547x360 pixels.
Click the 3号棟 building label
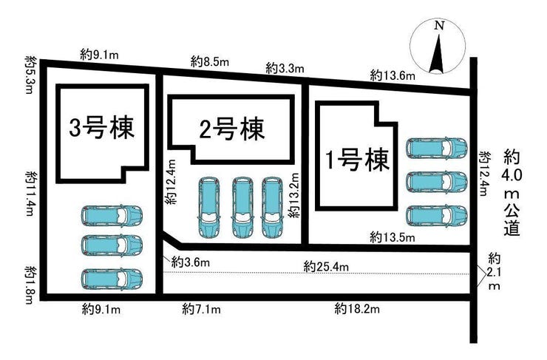pos(102,128)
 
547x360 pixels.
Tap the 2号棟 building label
pos(232,129)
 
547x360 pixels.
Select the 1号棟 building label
pos(356,160)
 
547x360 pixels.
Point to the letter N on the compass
pos(439,25)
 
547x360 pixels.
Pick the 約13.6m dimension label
pos(393,75)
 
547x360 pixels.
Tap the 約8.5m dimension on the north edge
pos(210,62)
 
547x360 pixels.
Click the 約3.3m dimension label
pos(285,68)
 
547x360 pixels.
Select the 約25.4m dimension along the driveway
pos(326,267)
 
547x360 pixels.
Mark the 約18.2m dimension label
pos(357,309)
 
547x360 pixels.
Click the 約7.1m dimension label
pos(201,309)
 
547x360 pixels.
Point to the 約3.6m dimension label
pos(191,262)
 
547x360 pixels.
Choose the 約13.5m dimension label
pos(393,238)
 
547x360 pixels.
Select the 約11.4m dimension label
pos(30,193)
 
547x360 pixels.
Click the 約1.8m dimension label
pos(30,285)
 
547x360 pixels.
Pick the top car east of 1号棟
pos(436,147)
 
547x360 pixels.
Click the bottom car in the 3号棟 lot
pos(112,279)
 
